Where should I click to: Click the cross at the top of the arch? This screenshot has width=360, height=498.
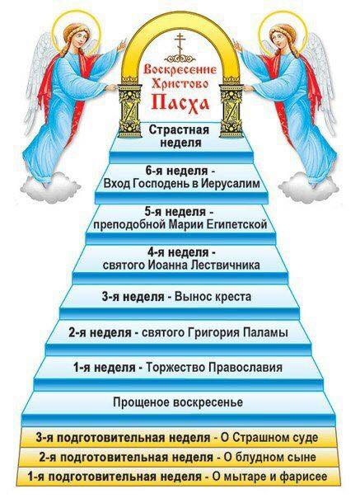180,45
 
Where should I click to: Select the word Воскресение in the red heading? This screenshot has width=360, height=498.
180,69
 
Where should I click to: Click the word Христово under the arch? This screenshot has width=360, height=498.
180,83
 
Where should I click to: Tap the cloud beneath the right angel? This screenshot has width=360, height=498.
309,186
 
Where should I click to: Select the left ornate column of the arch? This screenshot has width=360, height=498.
129,110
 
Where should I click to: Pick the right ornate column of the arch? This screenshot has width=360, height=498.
231,110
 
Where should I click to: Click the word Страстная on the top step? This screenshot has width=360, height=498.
180,129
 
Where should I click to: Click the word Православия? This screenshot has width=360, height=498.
245,368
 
